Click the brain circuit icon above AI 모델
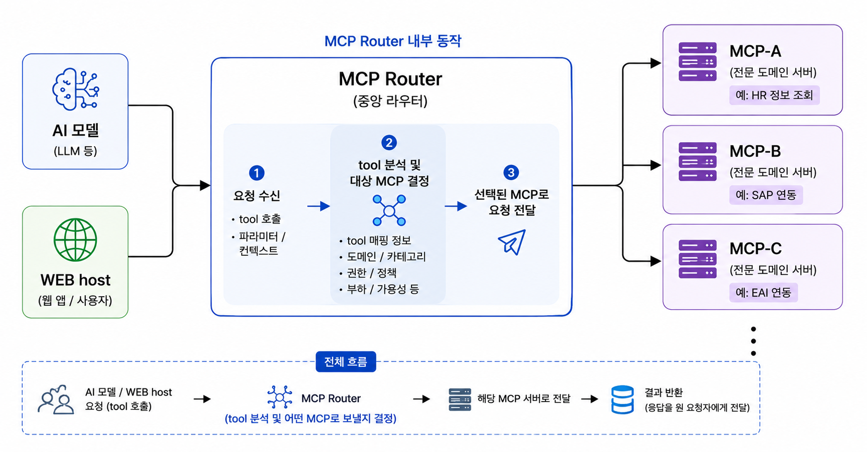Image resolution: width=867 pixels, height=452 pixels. (75, 89)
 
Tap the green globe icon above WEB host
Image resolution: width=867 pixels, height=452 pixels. (75, 240)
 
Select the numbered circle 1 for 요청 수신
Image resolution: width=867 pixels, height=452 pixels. (256, 173)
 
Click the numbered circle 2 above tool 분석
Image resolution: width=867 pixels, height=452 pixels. (389, 142)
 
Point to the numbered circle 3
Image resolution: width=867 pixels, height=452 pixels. (511, 172)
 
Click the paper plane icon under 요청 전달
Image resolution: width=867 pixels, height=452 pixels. (512, 242)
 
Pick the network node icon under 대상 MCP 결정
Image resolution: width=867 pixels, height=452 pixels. (389, 210)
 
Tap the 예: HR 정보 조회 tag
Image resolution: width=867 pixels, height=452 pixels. (774, 95)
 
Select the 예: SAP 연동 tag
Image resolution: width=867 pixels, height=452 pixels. (766, 195)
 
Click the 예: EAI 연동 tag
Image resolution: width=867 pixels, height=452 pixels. (763, 292)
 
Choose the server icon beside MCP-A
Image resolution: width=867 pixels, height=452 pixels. (697, 62)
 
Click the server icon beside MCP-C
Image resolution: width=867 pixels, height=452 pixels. (697, 259)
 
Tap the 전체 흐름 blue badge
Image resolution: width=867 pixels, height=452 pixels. (346, 362)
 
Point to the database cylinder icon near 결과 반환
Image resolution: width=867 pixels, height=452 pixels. (623, 400)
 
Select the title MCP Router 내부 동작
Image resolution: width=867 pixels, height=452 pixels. (393, 41)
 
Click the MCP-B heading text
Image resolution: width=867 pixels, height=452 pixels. (755, 151)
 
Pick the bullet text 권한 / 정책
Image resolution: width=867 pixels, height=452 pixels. (372, 273)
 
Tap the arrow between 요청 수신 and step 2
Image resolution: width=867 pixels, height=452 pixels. (319, 206)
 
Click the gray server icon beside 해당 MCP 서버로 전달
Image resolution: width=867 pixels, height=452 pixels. (459, 400)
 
